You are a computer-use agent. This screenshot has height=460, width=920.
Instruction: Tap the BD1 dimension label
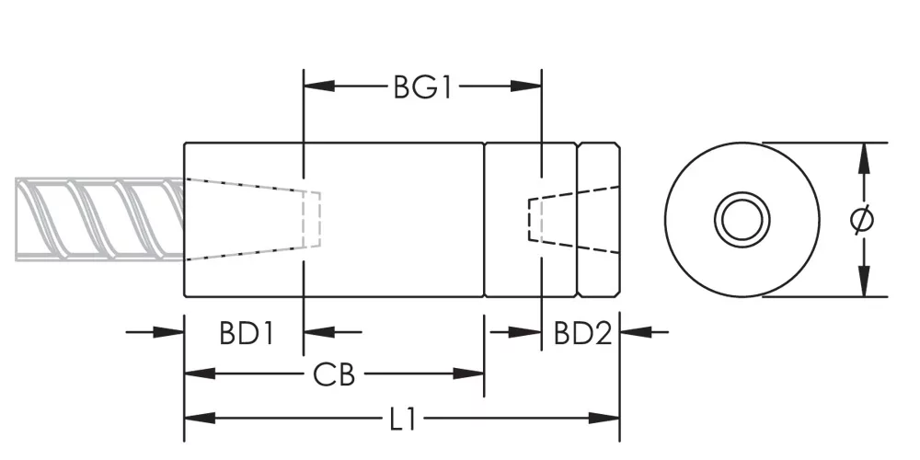pos(247,333)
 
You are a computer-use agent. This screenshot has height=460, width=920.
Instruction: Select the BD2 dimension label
pos(582,333)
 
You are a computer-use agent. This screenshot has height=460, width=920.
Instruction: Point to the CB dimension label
pos(334,374)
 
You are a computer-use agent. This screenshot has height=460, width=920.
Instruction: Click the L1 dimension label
pos(403,420)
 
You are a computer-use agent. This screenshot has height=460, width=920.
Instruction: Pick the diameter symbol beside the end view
pos(862,220)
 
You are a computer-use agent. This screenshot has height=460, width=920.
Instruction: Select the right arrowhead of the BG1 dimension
pos(525,86)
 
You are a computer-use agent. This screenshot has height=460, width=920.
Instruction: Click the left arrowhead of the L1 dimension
pos(200,419)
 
